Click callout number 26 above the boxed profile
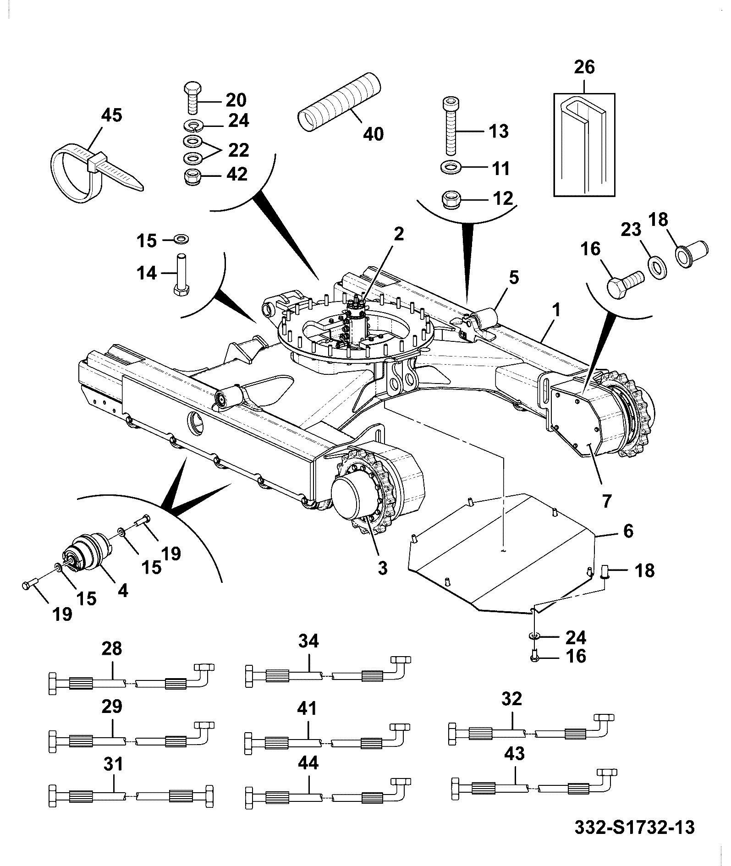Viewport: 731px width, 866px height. [x=585, y=67]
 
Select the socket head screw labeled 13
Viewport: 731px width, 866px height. [x=452, y=126]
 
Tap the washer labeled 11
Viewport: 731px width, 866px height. [x=451, y=168]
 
